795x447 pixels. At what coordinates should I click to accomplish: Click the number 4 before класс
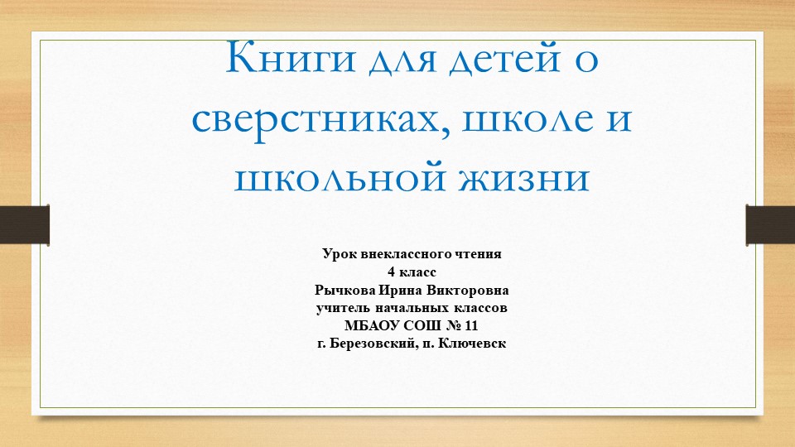pos(392,272)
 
